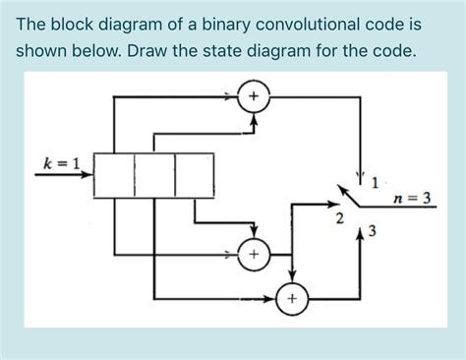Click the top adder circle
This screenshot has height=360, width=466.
point(254,96)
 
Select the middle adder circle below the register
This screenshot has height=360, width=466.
point(254,255)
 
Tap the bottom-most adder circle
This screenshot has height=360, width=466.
point(292,298)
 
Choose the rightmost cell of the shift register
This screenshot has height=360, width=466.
point(193,174)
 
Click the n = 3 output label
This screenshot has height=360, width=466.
point(411,198)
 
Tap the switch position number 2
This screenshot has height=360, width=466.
point(339,216)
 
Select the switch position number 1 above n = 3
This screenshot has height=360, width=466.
point(375,180)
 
